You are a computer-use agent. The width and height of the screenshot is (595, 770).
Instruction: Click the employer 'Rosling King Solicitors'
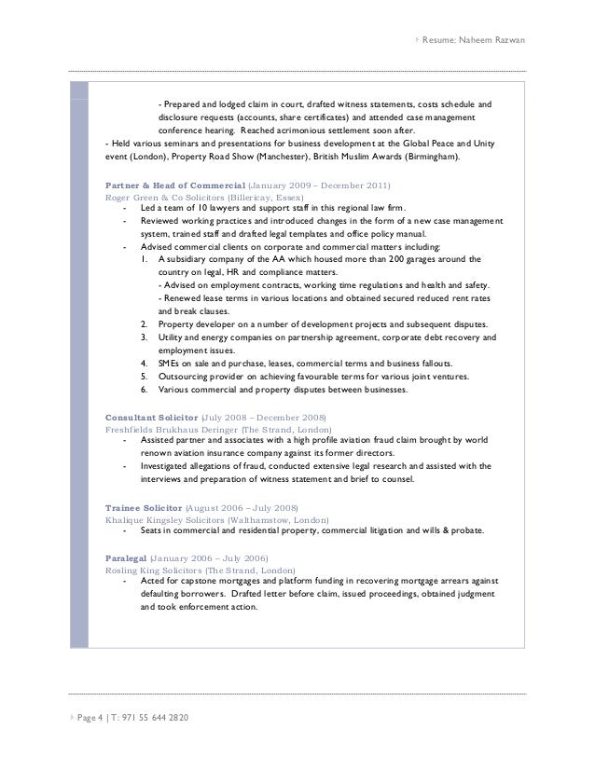[155, 569]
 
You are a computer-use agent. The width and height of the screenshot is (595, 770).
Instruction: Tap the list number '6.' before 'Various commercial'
[145, 390]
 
